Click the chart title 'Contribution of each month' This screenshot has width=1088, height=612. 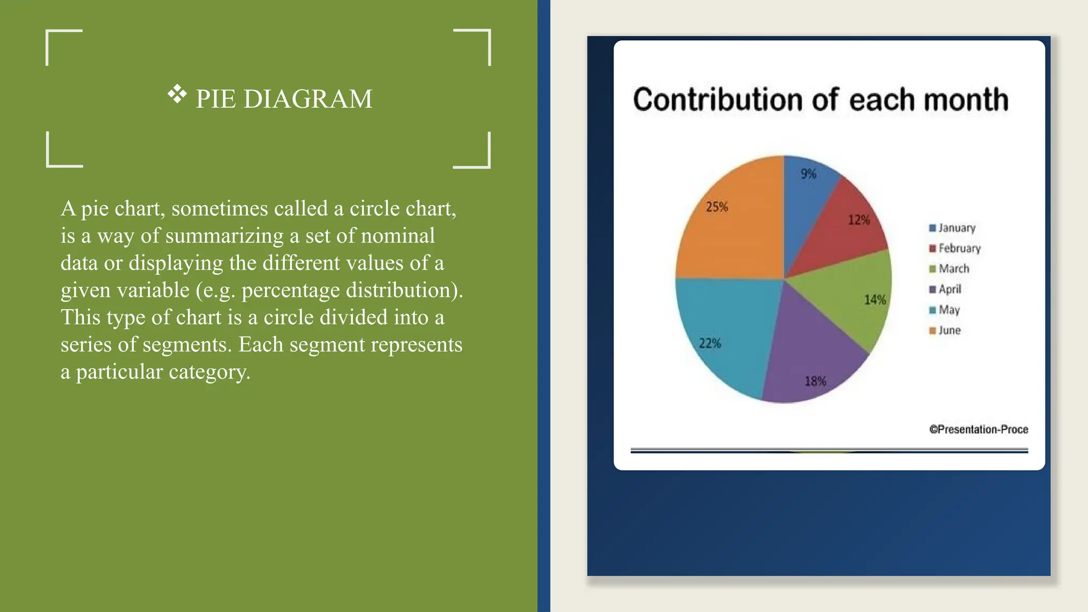820,100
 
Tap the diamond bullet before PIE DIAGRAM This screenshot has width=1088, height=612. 177,95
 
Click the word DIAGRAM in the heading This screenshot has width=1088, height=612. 308,99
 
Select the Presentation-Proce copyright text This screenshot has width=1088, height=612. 979,429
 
